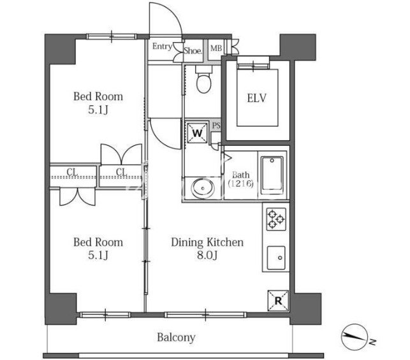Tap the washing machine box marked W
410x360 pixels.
pos(197,133)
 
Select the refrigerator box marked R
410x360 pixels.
pos(278,301)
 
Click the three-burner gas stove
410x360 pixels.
pos(276,219)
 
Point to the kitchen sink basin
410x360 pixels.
pos(276,257)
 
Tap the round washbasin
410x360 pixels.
pos(203,188)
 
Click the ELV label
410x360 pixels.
pos(256,98)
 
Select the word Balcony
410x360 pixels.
pos(176,337)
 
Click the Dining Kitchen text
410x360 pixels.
pos(207,242)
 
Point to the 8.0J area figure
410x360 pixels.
pos(207,256)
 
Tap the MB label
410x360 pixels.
pos(216,48)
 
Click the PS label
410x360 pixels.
pos(216,126)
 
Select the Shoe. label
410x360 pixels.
pos(193,51)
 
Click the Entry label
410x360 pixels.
pos(162,47)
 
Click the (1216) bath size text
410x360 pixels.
pos(240,184)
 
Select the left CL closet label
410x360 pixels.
pos(73,171)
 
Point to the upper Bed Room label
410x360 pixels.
pos(98,96)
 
